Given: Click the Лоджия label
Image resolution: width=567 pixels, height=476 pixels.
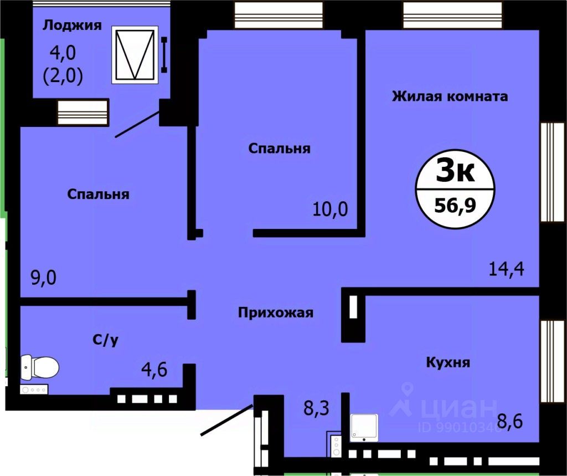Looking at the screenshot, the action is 73,25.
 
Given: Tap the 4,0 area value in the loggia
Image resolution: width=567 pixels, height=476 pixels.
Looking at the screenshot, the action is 63,53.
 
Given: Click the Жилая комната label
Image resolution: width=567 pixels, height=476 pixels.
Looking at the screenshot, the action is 450,96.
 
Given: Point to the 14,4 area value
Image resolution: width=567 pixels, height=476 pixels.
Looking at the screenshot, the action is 506,269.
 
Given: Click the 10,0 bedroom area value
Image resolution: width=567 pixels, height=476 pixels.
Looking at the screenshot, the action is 330,209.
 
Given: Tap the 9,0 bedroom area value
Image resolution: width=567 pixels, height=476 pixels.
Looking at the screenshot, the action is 44,278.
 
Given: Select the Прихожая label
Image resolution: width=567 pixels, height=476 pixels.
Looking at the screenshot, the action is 276,313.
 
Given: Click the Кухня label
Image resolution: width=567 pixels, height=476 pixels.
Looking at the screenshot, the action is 448,362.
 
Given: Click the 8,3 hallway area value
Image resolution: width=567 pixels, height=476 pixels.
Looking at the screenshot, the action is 316,408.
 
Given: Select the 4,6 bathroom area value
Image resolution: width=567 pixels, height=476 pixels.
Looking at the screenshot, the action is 154,370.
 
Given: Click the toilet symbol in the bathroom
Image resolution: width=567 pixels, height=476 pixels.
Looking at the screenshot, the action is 39,367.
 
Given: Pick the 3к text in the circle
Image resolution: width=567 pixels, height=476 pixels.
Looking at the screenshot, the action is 455,170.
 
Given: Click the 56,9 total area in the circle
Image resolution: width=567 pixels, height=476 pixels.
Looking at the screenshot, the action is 455,206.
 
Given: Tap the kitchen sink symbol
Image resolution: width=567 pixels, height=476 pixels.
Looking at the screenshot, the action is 364,428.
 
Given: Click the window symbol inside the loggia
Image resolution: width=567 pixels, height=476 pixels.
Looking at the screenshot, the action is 135,55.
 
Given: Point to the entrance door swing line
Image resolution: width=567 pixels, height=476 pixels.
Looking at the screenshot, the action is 226,420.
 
